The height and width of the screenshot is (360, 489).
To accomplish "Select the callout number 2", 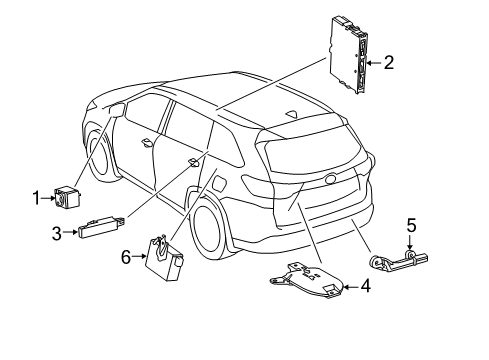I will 388,62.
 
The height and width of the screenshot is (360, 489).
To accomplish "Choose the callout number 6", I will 126,257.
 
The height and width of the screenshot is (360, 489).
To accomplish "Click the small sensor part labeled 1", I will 67,197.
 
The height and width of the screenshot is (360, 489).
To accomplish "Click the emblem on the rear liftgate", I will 330,181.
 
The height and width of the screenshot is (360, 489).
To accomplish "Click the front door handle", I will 147,141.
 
